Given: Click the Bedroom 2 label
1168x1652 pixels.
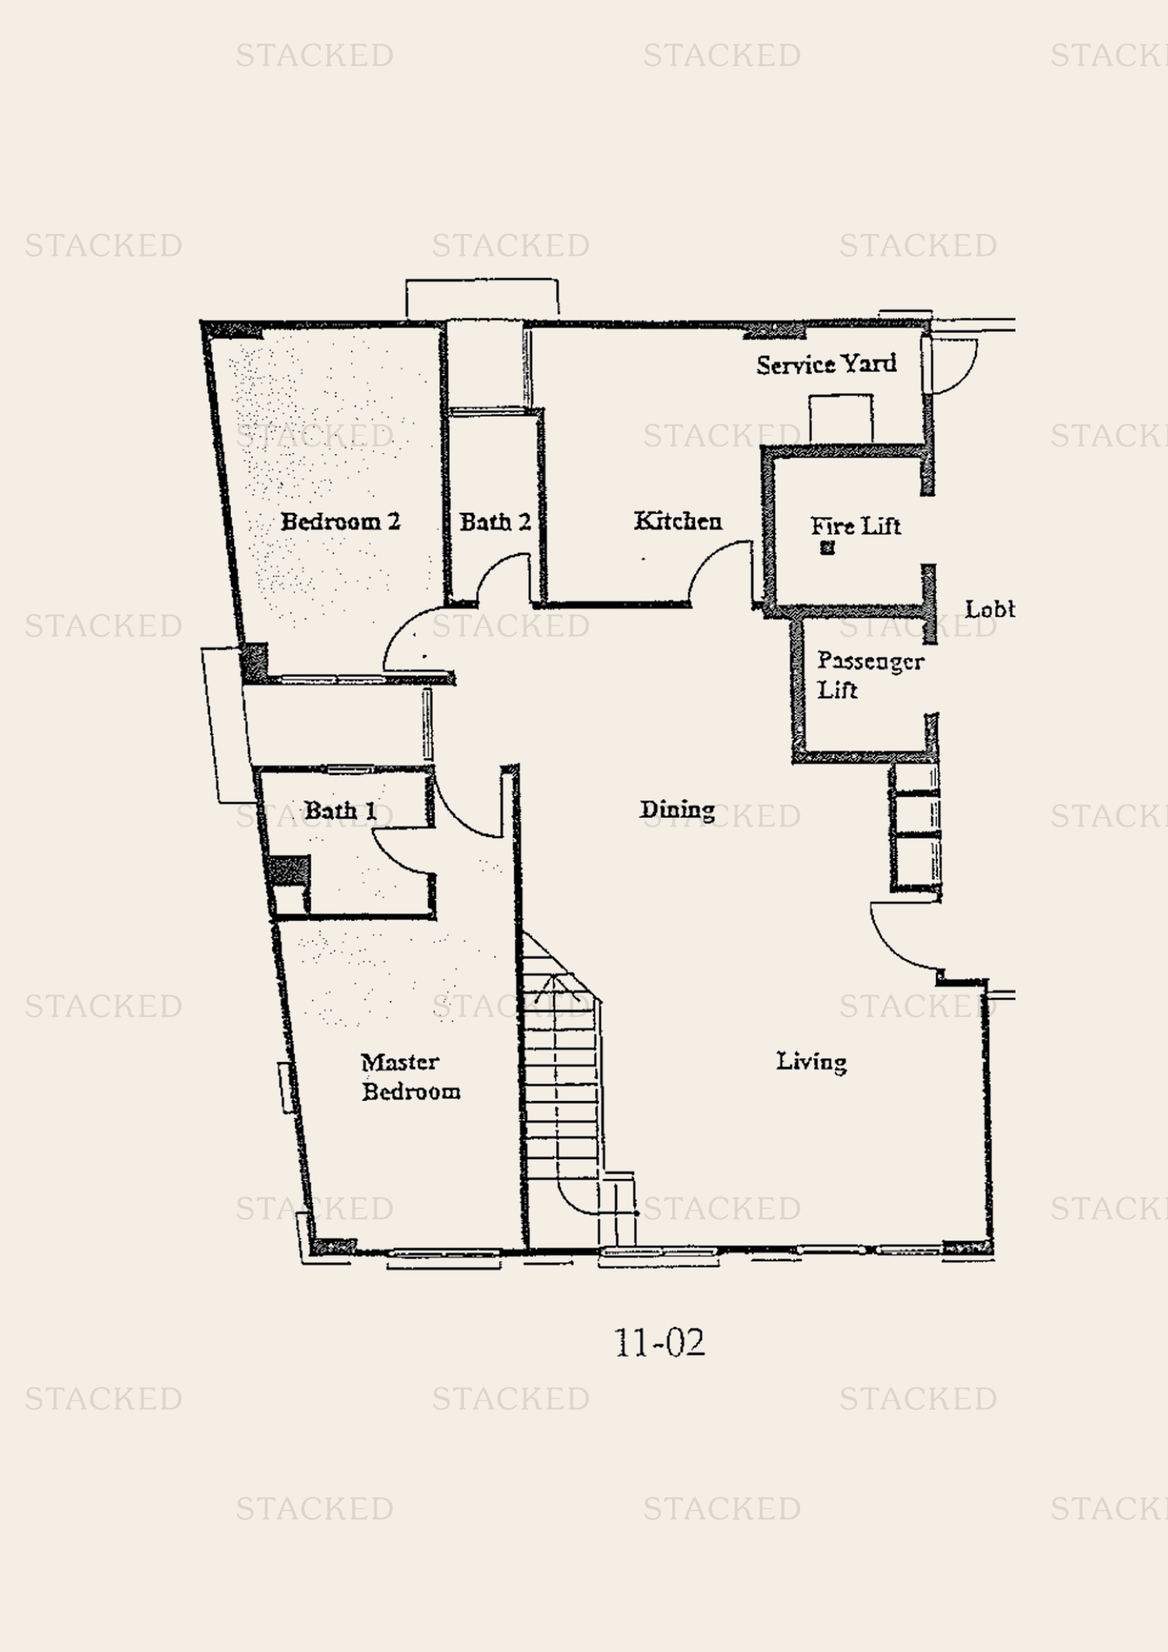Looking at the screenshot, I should [340, 521].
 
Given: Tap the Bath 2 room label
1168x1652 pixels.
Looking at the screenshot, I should [495, 521].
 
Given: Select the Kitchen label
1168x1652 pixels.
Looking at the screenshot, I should [677, 521].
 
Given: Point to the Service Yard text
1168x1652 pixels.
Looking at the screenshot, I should [826, 364].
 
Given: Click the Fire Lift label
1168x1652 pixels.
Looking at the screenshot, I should [855, 526].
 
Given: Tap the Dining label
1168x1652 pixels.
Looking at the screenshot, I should [677, 809].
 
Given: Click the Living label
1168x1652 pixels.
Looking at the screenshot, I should [811, 1062].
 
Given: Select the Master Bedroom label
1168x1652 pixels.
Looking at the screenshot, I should [410, 1077].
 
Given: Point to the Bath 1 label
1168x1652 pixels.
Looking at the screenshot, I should [340, 811].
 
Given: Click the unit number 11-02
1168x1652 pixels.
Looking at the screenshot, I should [659, 1343].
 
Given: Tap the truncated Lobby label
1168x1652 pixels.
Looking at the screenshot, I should [989, 610].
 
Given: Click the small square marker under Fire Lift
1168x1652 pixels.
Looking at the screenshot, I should [827, 548].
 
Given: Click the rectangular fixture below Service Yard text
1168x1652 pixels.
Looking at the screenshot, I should [840, 418].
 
